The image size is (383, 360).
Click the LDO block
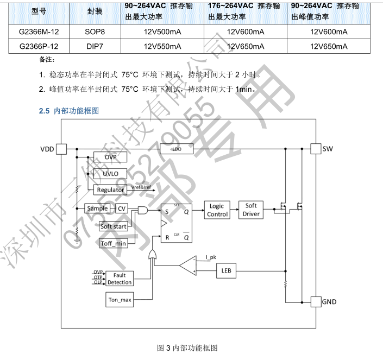point(177,149)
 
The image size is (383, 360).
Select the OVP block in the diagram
point(111,157)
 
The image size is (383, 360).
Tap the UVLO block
point(111,173)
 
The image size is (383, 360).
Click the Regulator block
point(111,190)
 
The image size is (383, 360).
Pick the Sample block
point(97,209)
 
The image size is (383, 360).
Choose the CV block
point(122,209)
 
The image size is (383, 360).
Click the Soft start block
point(114,226)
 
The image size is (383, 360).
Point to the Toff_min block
point(114,243)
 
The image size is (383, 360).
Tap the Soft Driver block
point(251,210)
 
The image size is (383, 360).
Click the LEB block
point(225,270)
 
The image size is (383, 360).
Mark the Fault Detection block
point(119,279)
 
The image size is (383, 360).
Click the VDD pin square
point(61,149)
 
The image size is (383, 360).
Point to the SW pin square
point(315,149)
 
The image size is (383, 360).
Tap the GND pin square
point(315,301)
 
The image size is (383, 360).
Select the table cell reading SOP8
point(95,31)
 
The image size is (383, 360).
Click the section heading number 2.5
point(44,111)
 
